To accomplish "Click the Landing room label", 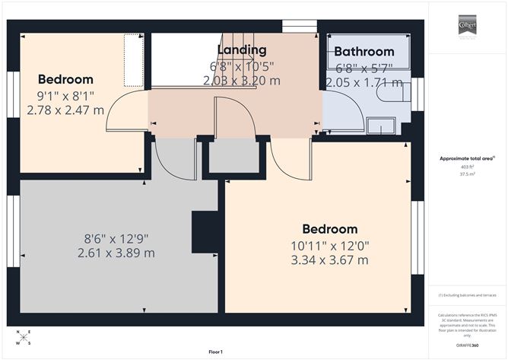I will pos(241,50).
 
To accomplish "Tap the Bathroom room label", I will pos(364,52).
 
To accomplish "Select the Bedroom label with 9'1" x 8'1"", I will pos(65,79).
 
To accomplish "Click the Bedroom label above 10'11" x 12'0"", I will pos(329,229).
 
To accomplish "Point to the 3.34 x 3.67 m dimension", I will pos(329,260).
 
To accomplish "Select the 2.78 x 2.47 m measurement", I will pos(65,110).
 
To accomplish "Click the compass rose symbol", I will pos(24,337).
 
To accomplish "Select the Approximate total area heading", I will pos(467,158).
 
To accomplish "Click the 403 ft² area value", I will pos(467,166).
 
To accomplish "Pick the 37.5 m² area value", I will pos(467,174).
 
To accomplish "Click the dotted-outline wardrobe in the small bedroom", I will pos(135,59).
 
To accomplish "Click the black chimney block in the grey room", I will pos(205,231).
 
